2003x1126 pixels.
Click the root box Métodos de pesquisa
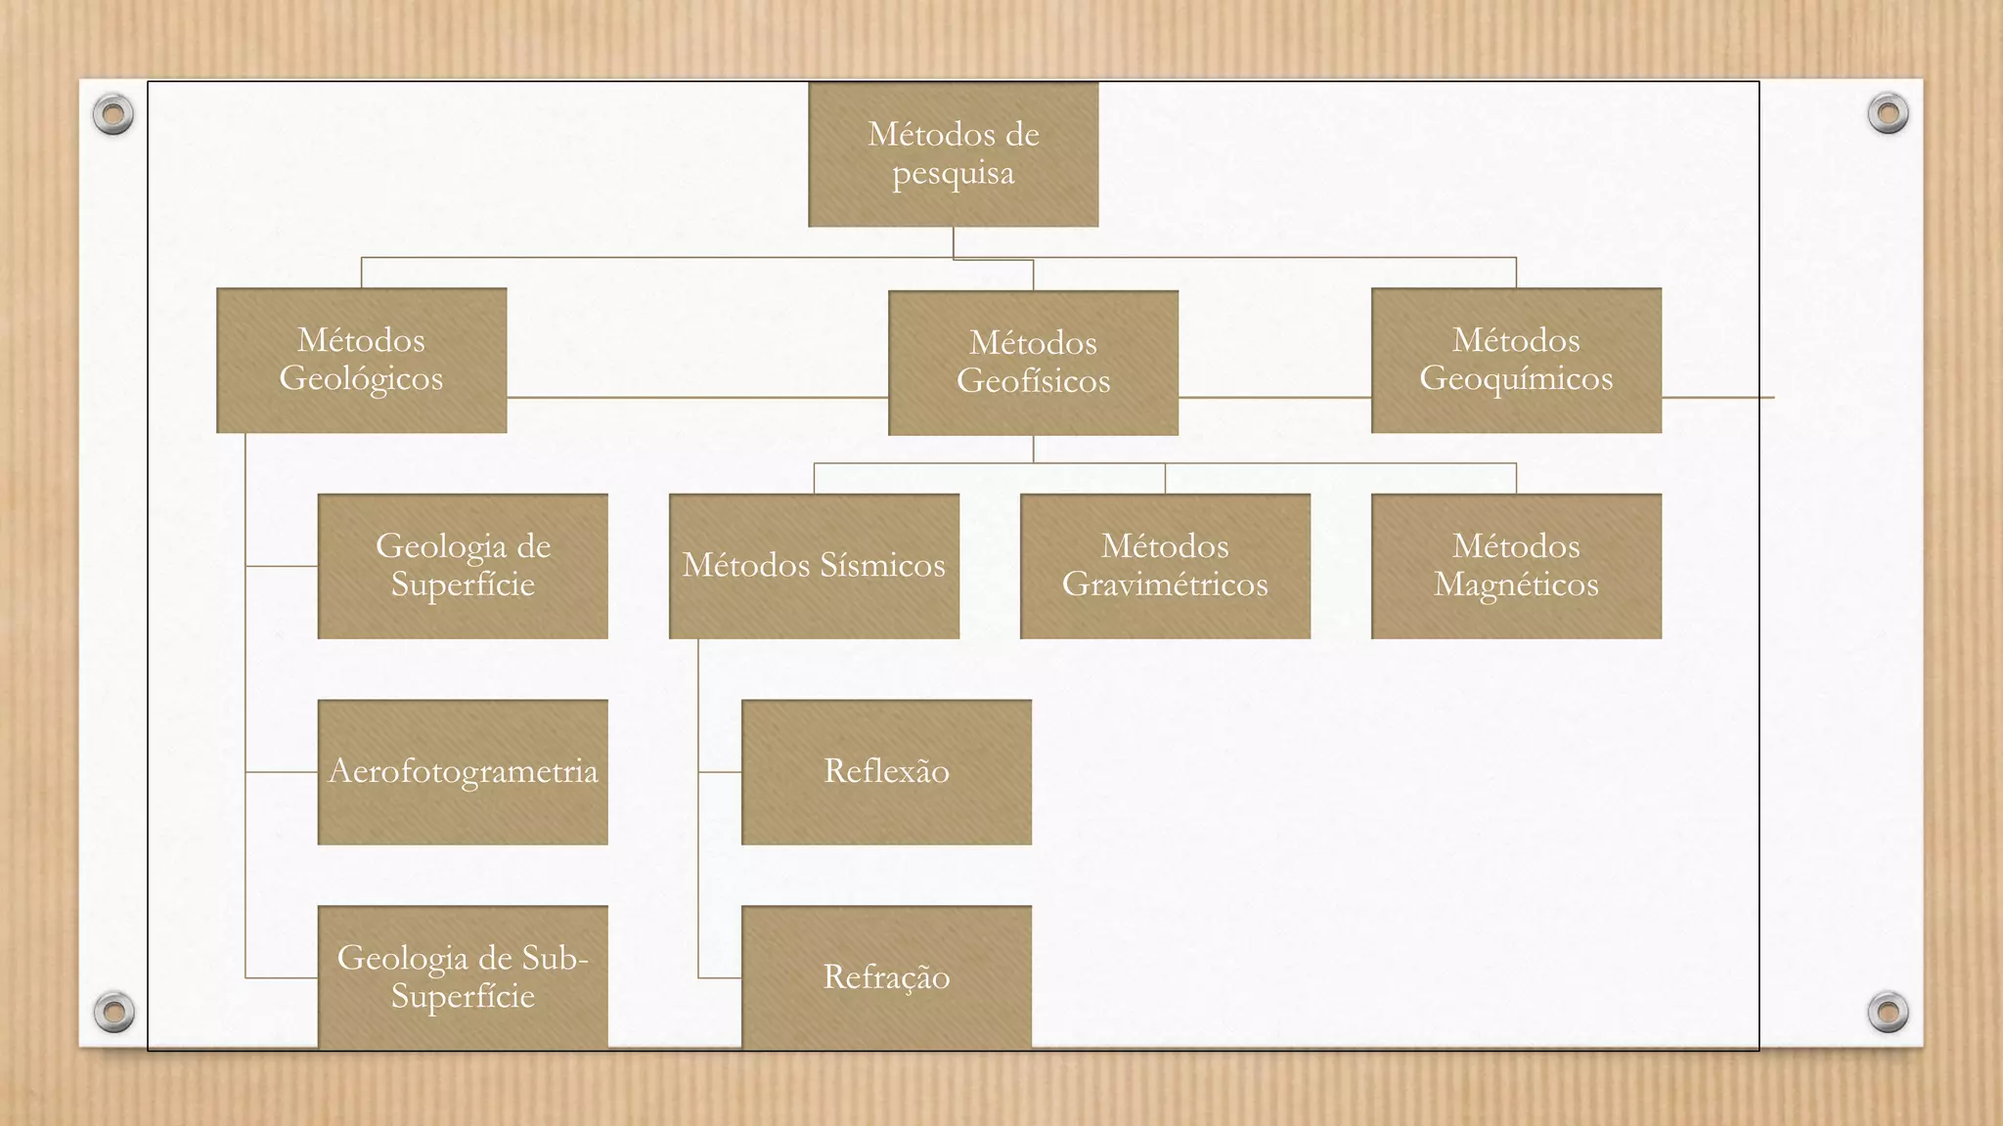[953, 154]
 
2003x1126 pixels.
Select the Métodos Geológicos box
[361, 360]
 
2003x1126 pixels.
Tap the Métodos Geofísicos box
[1033, 363]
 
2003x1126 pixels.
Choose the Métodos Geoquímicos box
[1516, 360]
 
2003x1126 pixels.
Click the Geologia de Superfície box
[463, 566]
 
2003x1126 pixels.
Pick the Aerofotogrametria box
[463, 772]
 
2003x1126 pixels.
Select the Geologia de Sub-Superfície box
[463, 976]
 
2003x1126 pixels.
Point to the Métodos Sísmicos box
[814, 566]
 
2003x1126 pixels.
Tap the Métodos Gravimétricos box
[1165, 566]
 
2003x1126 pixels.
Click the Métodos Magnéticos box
[1516, 566]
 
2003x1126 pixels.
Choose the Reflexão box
[886, 772]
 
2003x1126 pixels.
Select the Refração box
[886, 976]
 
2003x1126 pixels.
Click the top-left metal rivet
[113, 114]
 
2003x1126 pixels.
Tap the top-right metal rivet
[1888, 113]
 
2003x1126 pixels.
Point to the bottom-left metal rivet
[113, 1011]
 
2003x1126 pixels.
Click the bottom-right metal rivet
[1888, 1011]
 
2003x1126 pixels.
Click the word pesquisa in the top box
[954, 174]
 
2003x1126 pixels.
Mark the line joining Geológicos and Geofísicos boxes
[696, 398]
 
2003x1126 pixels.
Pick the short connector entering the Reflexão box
[720, 772]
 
